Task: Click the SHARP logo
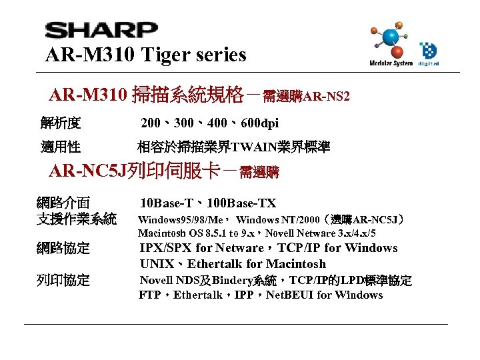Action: tap(101, 31)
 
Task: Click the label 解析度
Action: tap(61, 123)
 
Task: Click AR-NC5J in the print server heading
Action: tap(87, 172)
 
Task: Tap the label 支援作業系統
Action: tap(77, 219)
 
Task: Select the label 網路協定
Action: tap(63, 249)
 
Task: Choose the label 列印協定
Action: tap(63, 280)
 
